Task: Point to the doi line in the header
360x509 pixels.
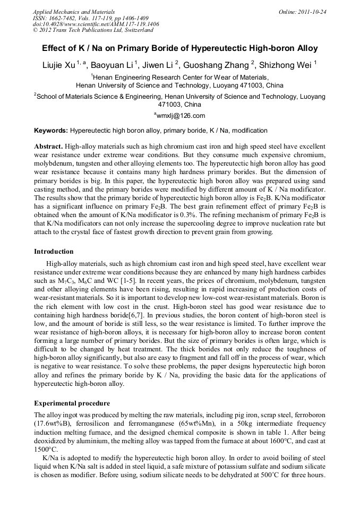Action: (96, 24)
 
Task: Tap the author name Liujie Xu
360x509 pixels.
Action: (59, 66)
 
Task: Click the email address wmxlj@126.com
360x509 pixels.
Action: (181, 115)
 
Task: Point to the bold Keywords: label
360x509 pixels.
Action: (51, 130)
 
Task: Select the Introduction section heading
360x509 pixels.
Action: (54, 251)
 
